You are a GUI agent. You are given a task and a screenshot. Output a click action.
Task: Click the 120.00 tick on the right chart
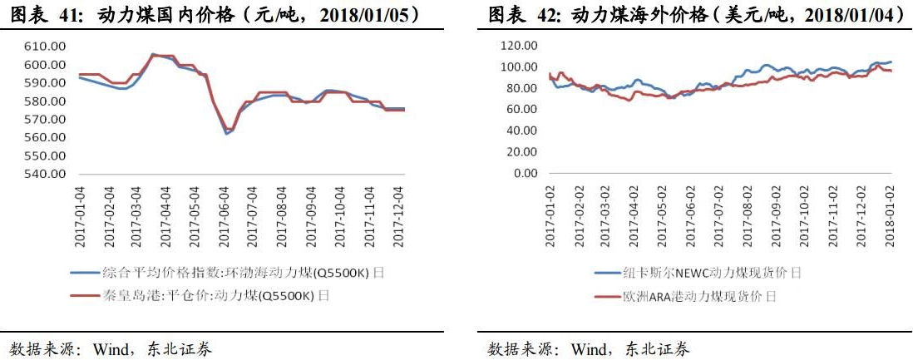pyautogui.click(x=520, y=46)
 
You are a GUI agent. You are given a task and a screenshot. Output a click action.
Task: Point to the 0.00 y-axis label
pyautogui.click(x=526, y=174)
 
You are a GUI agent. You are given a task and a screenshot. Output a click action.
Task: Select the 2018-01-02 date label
pyautogui.click(x=889, y=215)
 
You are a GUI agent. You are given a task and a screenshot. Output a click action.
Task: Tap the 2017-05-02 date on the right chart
pyautogui.click(x=664, y=215)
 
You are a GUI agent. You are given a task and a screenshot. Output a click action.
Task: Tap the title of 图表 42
pyautogui.click(x=695, y=14)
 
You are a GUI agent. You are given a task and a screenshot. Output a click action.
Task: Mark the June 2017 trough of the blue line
pyautogui.click(x=226, y=133)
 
